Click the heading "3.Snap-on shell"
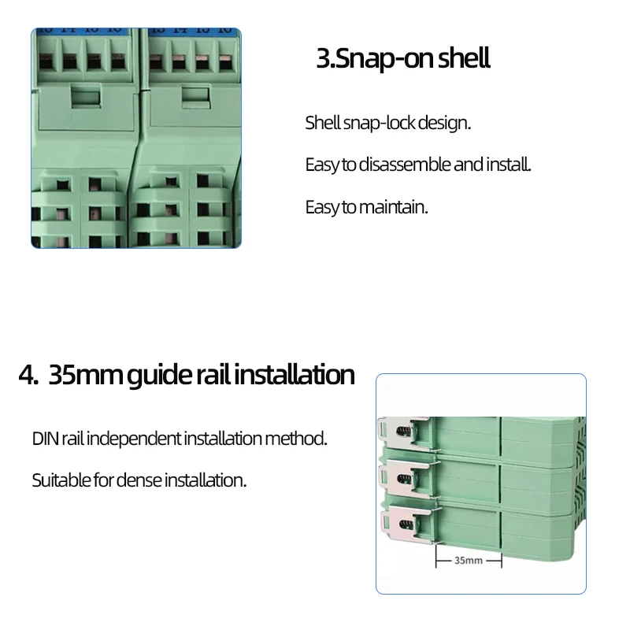[403, 59]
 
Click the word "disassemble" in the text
[405, 165]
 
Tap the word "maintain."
[393, 207]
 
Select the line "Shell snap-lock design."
[387, 123]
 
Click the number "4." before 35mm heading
[28, 375]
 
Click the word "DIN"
[46, 439]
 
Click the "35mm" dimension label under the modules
[469, 560]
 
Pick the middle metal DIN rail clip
[406, 478]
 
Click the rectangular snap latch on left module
[86, 96]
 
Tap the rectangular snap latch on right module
[196, 97]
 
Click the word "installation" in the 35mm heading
[294, 375]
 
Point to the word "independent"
[134, 439]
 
